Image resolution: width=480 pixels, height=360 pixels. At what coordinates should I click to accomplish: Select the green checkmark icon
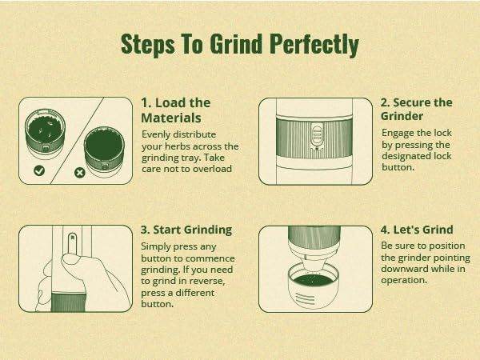click(x=39, y=170)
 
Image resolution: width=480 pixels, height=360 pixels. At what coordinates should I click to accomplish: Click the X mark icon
click(x=79, y=173)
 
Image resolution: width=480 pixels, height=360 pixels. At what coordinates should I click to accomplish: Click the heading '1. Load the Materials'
click(x=176, y=110)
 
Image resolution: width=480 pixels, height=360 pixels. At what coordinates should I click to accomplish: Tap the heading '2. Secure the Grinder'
click(x=417, y=110)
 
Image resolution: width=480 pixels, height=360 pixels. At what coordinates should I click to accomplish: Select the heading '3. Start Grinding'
click(x=186, y=230)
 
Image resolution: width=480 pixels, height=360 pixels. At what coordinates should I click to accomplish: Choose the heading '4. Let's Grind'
click(x=417, y=230)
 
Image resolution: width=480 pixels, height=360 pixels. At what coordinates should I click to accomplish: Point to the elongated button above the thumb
click(x=72, y=243)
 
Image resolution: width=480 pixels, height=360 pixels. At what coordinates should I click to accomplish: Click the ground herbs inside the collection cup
click(x=314, y=281)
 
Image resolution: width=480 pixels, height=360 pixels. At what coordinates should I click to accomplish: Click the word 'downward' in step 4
click(x=402, y=269)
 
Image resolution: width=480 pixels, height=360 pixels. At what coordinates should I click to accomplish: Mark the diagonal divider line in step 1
click(x=77, y=141)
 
